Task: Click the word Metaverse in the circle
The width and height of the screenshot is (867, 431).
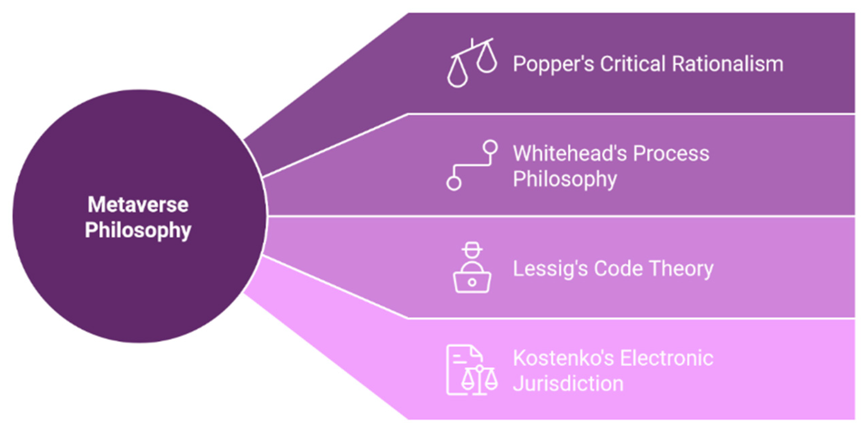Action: click(x=138, y=205)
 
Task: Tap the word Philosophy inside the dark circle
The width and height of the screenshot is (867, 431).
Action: click(x=138, y=230)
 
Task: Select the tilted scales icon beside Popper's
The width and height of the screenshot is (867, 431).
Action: click(x=472, y=63)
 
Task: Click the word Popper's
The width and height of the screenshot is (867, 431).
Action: click(x=553, y=64)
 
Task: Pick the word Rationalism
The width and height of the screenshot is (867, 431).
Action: click(x=727, y=64)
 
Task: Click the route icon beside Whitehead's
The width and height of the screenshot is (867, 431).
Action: click(x=472, y=165)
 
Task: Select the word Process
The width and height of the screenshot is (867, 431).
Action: click(x=671, y=153)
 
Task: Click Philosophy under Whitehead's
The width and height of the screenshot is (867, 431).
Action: click(x=565, y=179)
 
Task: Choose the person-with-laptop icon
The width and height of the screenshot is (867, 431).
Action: click(x=472, y=268)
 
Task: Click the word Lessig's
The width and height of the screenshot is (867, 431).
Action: click(x=550, y=269)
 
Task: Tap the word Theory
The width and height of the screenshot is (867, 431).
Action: click(x=682, y=269)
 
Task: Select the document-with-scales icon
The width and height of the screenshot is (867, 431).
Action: click(x=472, y=370)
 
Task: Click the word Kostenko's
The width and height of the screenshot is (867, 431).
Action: click(x=563, y=358)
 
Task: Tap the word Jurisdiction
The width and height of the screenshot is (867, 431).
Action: click(x=568, y=383)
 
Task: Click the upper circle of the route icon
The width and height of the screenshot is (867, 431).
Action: click(x=490, y=147)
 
